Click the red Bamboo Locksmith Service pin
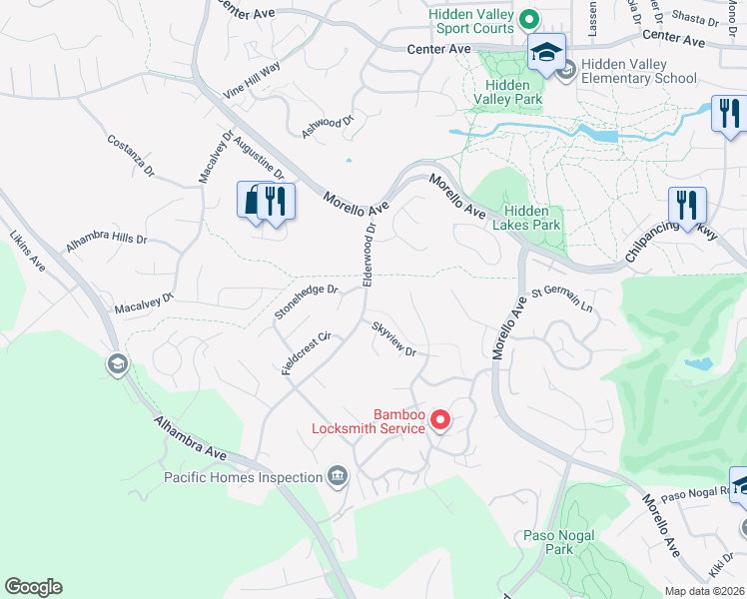pos(438,422)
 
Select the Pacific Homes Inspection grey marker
pos(338,476)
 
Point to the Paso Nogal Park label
pos(559,542)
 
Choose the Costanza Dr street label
pos(131,156)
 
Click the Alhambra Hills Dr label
pos(106,242)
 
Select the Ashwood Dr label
pos(329,127)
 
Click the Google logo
pos(33,587)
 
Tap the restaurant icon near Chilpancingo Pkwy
pos(687,205)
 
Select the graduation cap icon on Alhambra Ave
pos(118,364)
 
